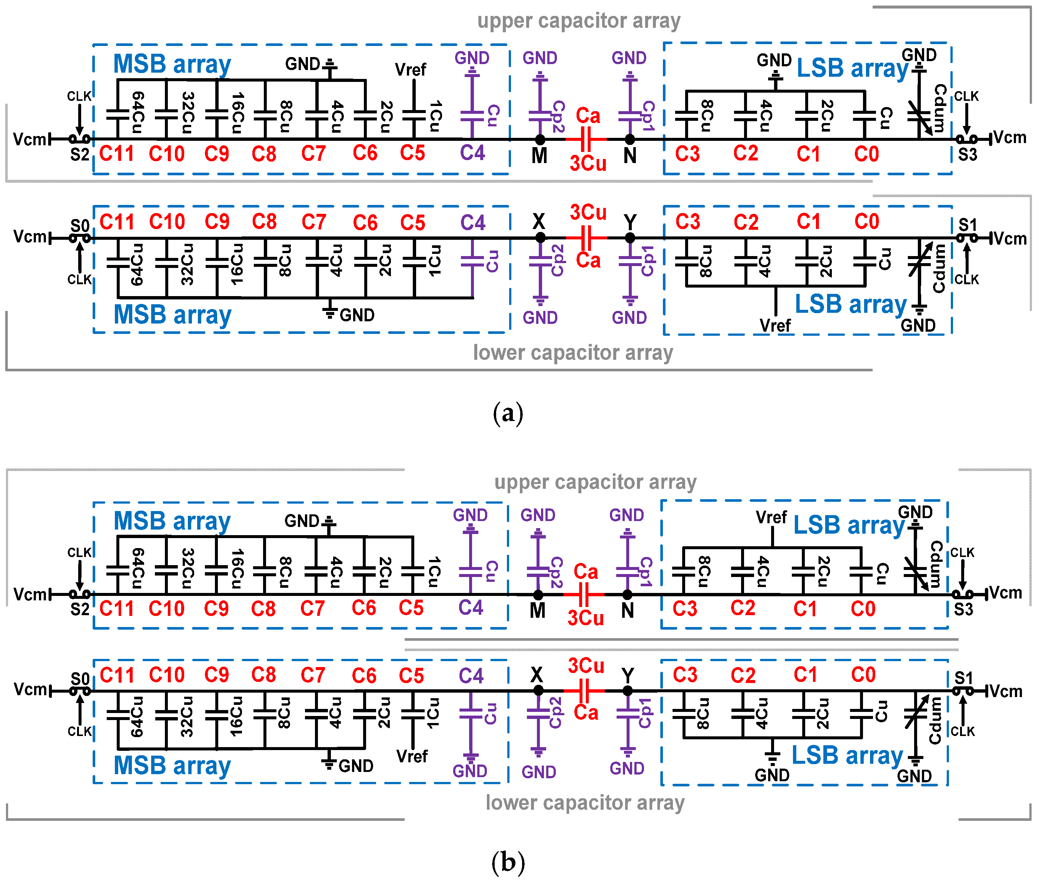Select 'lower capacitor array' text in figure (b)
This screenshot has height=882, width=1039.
click(x=585, y=802)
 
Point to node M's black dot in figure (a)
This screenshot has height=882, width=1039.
click(x=540, y=139)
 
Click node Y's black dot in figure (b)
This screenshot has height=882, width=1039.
click(x=627, y=690)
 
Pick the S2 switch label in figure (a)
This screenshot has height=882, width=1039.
click(x=80, y=155)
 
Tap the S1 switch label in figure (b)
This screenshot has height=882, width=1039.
click(x=963, y=678)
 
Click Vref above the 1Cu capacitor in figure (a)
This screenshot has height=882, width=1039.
click(x=411, y=70)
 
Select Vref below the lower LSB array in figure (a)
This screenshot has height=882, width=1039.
click(x=775, y=325)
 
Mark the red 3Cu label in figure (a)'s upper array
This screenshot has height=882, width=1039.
click(x=588, y=163)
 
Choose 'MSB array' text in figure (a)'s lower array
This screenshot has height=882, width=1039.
click(x=173, y=315)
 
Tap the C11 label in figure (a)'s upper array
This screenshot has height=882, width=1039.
click(x=116, y=153)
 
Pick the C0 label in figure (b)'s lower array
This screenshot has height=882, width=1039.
click(x=863, y=675)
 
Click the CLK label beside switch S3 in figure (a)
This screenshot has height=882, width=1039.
click(x=966, y=96)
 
